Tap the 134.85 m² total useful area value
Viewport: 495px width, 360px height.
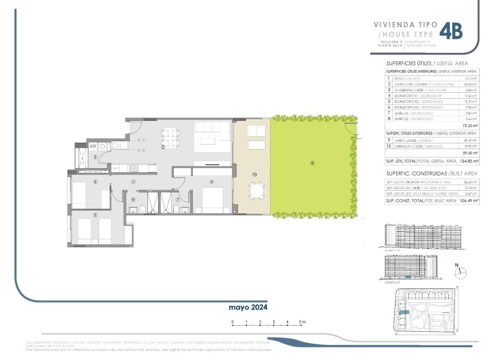[469, 160]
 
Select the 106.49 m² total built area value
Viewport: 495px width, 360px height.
[468, 201]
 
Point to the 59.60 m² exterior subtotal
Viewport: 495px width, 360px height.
[470, 153]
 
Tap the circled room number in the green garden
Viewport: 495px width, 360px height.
[312, 164]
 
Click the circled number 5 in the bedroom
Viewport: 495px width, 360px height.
[96, 214]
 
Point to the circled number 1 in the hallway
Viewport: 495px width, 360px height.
[133, 182]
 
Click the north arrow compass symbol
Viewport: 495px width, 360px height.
[461, 271]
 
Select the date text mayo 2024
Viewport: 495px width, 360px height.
[247, 308]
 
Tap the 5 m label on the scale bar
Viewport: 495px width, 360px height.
[303, 322]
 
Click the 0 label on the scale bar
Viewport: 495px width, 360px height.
[233, 322]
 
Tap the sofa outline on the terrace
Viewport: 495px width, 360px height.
[256, 132]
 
